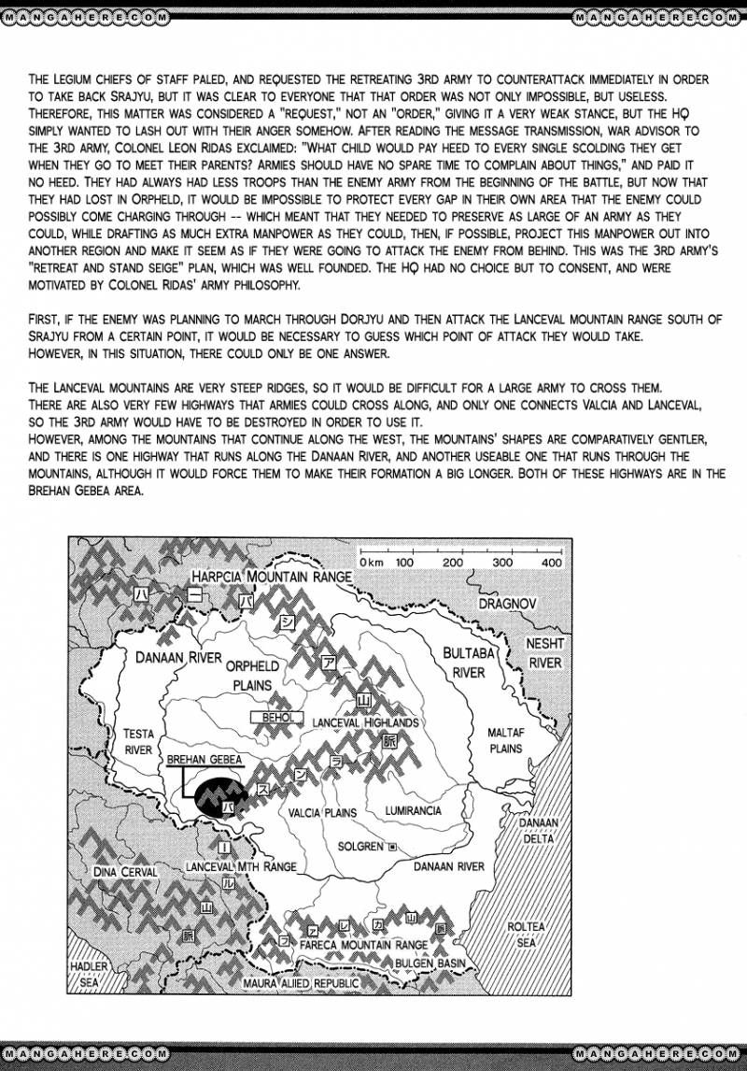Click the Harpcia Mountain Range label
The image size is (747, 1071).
271,578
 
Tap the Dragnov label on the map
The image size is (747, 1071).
507,604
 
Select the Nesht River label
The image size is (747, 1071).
544,653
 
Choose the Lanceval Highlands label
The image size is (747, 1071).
366,722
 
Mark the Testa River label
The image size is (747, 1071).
137,741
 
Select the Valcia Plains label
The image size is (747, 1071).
322,812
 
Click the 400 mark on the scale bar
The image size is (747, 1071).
550,563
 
